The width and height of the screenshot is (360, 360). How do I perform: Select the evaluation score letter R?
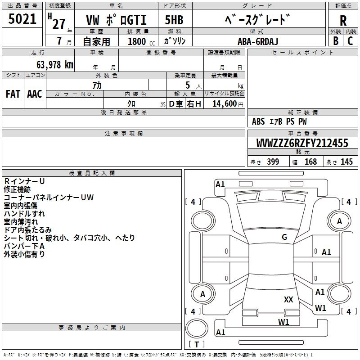point(343,20)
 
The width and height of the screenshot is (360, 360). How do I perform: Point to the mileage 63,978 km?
point(53,64)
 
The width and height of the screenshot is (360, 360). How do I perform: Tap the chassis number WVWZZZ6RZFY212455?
point(302,144)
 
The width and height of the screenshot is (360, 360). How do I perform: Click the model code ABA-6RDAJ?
point(256,41)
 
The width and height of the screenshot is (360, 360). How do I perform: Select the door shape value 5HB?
point(174,20)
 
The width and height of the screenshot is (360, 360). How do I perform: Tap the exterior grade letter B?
point(336,41)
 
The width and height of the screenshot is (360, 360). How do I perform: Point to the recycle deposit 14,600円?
point(224,104)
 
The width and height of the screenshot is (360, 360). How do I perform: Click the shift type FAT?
point(13,94)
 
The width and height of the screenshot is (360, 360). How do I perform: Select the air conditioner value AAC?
point(35,94)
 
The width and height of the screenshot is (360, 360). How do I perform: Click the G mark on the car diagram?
point(284,237)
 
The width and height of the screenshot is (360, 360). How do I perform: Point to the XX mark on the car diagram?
point(288,299)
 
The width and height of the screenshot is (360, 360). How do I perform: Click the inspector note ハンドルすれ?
point(24,214)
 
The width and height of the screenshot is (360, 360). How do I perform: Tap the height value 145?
point(346,162)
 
